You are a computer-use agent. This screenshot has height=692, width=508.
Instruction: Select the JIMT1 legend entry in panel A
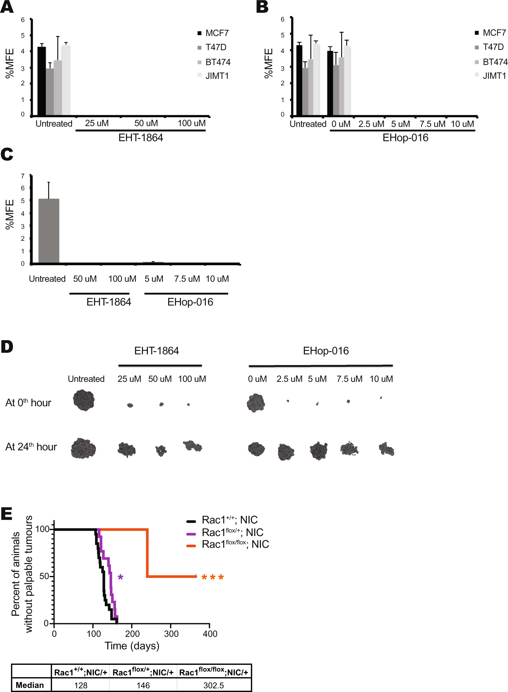217,76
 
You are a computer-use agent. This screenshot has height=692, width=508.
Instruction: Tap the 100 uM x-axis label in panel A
191,123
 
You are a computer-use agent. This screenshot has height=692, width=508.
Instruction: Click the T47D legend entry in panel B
493,47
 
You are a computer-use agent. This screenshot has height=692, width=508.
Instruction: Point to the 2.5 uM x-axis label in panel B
371,124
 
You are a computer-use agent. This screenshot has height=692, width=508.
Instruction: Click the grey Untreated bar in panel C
49,230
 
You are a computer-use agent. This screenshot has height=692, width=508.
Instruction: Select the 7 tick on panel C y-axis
23,176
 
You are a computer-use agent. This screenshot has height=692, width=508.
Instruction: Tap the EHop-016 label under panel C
190,302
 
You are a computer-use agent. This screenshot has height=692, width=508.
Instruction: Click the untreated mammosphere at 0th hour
84,400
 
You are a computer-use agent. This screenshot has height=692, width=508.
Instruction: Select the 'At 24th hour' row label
31,447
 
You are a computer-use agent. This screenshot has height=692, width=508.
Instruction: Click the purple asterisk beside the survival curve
120,577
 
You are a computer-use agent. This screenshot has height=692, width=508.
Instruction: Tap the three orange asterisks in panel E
213,577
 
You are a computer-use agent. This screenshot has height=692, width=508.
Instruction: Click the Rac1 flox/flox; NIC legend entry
235,544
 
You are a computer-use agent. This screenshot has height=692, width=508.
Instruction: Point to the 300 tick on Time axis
171,634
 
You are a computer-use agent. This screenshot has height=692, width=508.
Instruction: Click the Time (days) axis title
132,646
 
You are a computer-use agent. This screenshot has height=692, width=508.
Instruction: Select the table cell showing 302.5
213,685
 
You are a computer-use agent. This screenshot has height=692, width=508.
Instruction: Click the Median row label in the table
30,685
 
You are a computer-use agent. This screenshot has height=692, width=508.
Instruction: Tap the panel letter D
7,347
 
